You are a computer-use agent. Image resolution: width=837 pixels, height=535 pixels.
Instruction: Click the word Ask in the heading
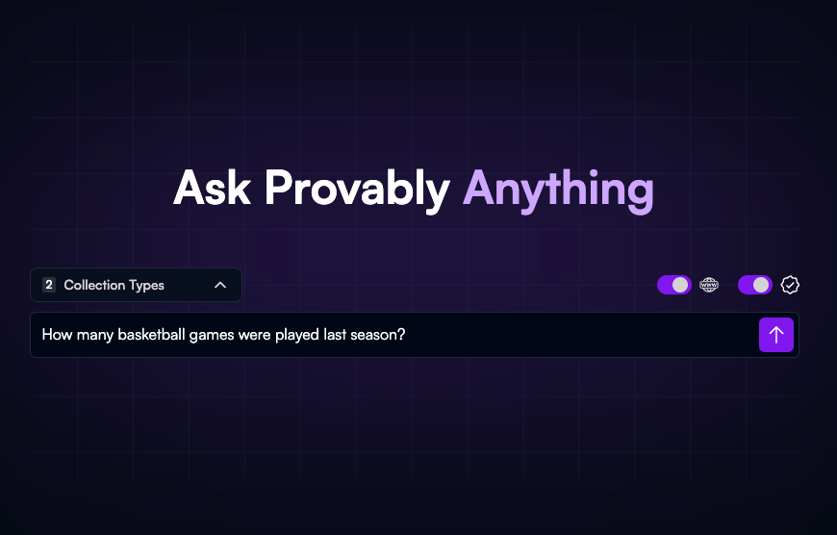point(213,189)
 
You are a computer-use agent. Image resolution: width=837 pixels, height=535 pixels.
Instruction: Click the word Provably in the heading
point(357,189)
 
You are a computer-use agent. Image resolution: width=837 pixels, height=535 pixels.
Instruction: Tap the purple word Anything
point(558,189)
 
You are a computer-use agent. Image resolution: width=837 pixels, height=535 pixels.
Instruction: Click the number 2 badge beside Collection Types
point(49,285)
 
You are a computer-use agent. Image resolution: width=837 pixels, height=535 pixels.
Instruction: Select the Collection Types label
point(114,285)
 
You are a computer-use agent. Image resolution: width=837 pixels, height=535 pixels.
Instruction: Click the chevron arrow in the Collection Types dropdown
point(220,285)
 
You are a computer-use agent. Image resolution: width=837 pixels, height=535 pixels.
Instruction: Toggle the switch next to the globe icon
point(674,285)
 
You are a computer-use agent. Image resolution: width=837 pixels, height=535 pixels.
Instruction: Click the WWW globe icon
point(709,285)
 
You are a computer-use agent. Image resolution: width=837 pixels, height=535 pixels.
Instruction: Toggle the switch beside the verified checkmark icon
point(755,285)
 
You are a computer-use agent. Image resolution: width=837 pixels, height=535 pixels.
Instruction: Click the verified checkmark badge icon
point(790,285)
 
